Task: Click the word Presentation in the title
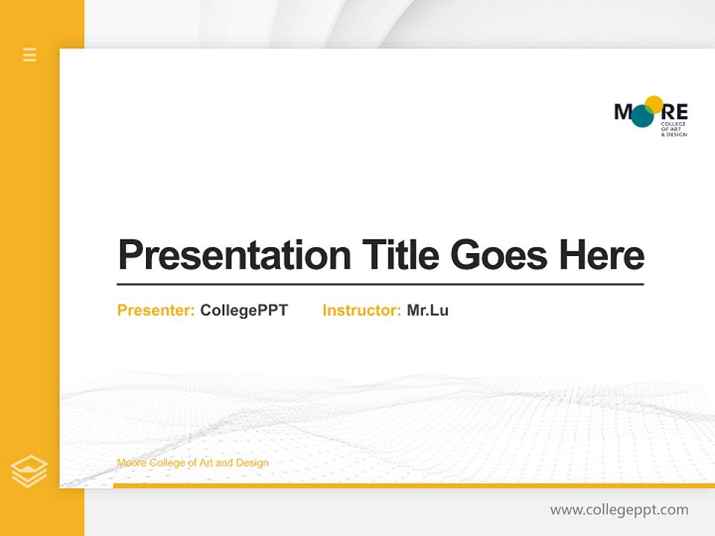pyautogui.click(x=234, y=255)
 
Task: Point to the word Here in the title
pyautogui.click(x=601, y=255)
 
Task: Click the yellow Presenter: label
pyautogui.click(x=156, y=310)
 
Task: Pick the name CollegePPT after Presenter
pyautogui.click(x=244, y=310)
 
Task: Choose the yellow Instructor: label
pyautogui.click(x=361, y=310)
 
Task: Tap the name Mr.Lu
pyautogui.click(x=428, y=310)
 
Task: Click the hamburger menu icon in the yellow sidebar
pyautogui.click(x=30, y=54)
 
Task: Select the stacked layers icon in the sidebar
pyautogui.click(x=29, y=471)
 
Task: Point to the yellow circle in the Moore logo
pyautogui.click(x=654, y=104)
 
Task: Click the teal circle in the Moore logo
pyautogui.click(x=642, y=116)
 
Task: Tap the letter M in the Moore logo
pyautogui.click(x=623, y=112)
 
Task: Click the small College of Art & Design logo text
pyautogui.click(x=673, y=129)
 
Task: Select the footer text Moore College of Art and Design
pyautogui.click(x=192, y=463)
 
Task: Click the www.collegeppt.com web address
pyautogui.click(x=619, y=510)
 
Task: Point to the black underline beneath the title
pyautogui.click(x=380, y=284)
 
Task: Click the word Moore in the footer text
pyautogui.click(x=132, y=463)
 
